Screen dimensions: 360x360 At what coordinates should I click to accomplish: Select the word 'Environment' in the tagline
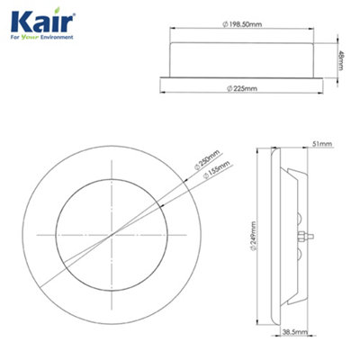tap(56, 40)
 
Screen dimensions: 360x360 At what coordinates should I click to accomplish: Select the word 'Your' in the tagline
tap(31, 40)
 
